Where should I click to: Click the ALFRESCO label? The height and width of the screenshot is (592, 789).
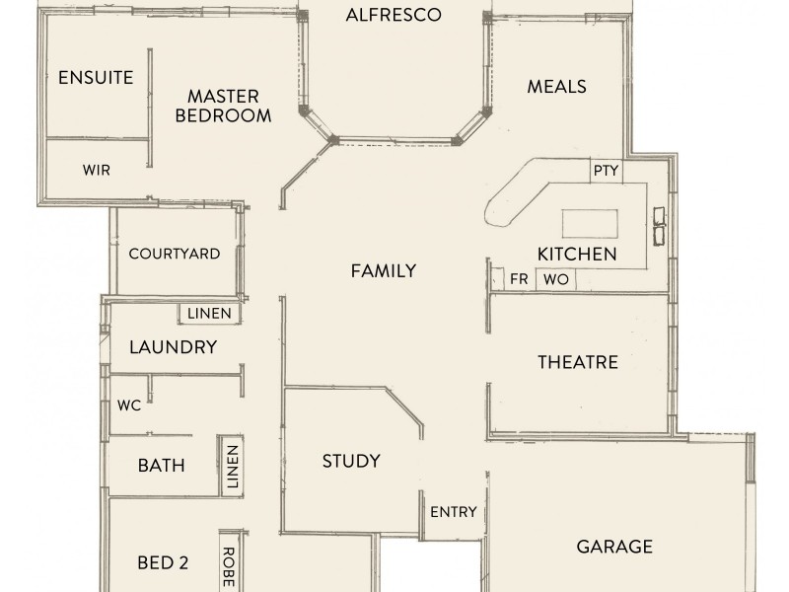point(393,15)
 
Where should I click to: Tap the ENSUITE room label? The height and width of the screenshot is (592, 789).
point(96,78)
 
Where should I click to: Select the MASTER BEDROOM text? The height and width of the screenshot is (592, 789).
point(223,106)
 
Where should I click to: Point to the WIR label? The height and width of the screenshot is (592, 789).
point(96,170)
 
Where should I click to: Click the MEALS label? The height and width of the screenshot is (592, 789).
point(556,87)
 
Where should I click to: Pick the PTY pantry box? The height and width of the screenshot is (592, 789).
point(606,170)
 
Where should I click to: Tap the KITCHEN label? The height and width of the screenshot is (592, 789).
point(577,255)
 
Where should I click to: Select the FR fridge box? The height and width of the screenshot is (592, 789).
point(519,279)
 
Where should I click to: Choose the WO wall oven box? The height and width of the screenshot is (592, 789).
point(556,279)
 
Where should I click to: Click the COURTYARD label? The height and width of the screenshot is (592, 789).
point(174,254)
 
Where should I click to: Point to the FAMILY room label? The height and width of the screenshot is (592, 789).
point(384,271)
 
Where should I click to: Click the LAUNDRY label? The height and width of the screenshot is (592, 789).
point(173,347)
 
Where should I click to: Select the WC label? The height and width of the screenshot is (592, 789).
point(129,405)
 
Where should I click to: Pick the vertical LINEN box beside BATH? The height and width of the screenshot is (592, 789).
point(233,466)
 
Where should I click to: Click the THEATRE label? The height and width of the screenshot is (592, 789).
point(577,362)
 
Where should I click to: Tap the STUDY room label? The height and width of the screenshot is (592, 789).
point(351,461)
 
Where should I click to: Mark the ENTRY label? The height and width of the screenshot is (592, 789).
point(454,512)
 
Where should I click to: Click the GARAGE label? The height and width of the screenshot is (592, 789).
point(614,546)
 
